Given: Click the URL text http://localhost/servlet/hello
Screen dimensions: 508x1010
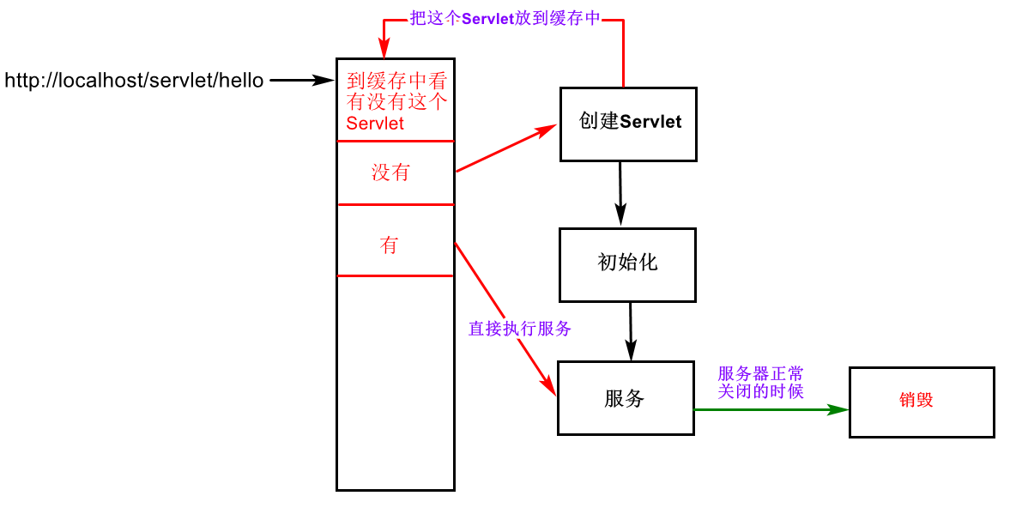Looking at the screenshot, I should click(x=134, y=81).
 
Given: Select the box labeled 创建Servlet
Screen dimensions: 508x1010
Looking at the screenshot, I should click(x=628, y=124).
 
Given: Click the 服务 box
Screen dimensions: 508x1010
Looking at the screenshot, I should click(x=625, y=398).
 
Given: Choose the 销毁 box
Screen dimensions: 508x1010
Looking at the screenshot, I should click(x=921, y=402).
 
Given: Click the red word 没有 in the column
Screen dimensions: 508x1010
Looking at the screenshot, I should click(x=390, y=172).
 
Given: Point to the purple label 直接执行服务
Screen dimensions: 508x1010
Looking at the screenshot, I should click(x=519, y=329).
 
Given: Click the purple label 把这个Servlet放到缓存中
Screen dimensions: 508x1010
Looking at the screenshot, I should click(x=505, y=19).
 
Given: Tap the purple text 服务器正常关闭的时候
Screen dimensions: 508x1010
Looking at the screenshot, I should click(x=760, y=383).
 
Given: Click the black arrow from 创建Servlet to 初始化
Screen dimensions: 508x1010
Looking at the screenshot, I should click(x=620, y=193).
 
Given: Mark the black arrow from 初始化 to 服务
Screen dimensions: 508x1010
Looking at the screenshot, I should click(x=631, y=330).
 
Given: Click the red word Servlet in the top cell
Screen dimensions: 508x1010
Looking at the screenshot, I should click(x=375, y=124).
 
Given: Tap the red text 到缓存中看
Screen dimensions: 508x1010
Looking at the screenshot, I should click(x=396, y=82).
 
